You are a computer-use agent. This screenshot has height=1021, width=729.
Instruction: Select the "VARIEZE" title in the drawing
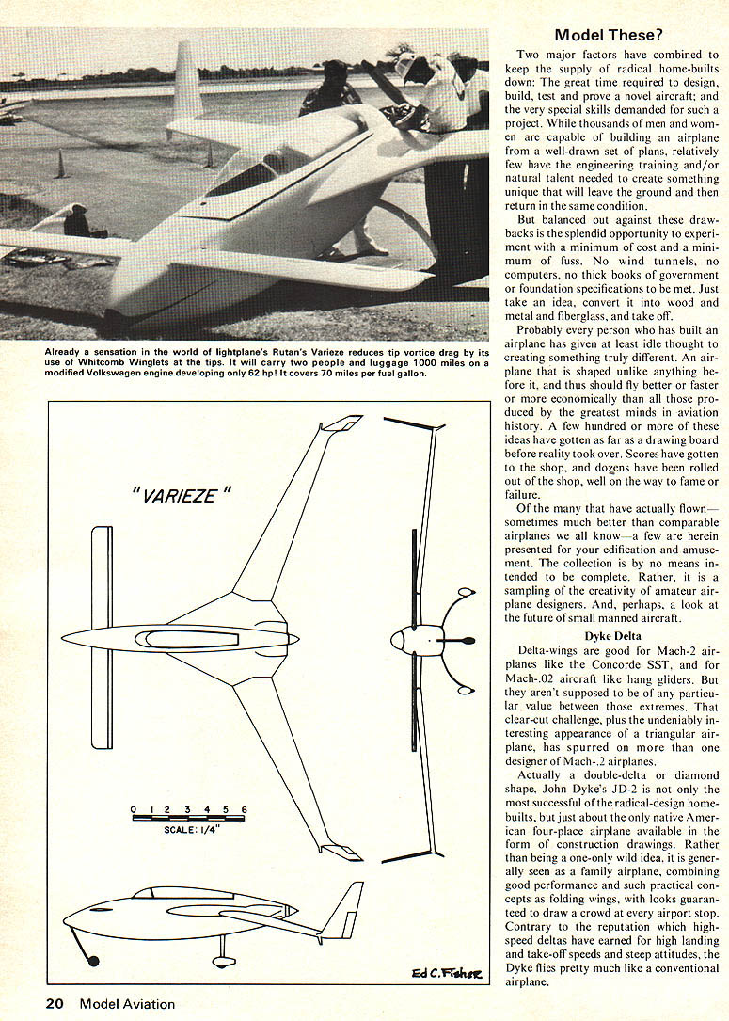(x=176, y=496)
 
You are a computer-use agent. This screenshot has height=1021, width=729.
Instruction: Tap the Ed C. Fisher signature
(x=445, y=973)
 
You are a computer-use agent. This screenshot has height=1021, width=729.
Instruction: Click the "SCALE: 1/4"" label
(x=189, y=831)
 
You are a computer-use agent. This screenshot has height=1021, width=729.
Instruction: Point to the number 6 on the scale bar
(x=244, y=809)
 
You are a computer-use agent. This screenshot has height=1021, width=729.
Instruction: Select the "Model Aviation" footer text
(x=127, y=1004)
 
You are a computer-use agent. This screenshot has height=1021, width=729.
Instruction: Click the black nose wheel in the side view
(x=92, y=960)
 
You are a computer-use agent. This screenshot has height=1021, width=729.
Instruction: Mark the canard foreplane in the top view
(x=102, y=637)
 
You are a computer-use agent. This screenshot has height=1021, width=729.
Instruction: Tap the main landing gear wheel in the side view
(x=223, y=961)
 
